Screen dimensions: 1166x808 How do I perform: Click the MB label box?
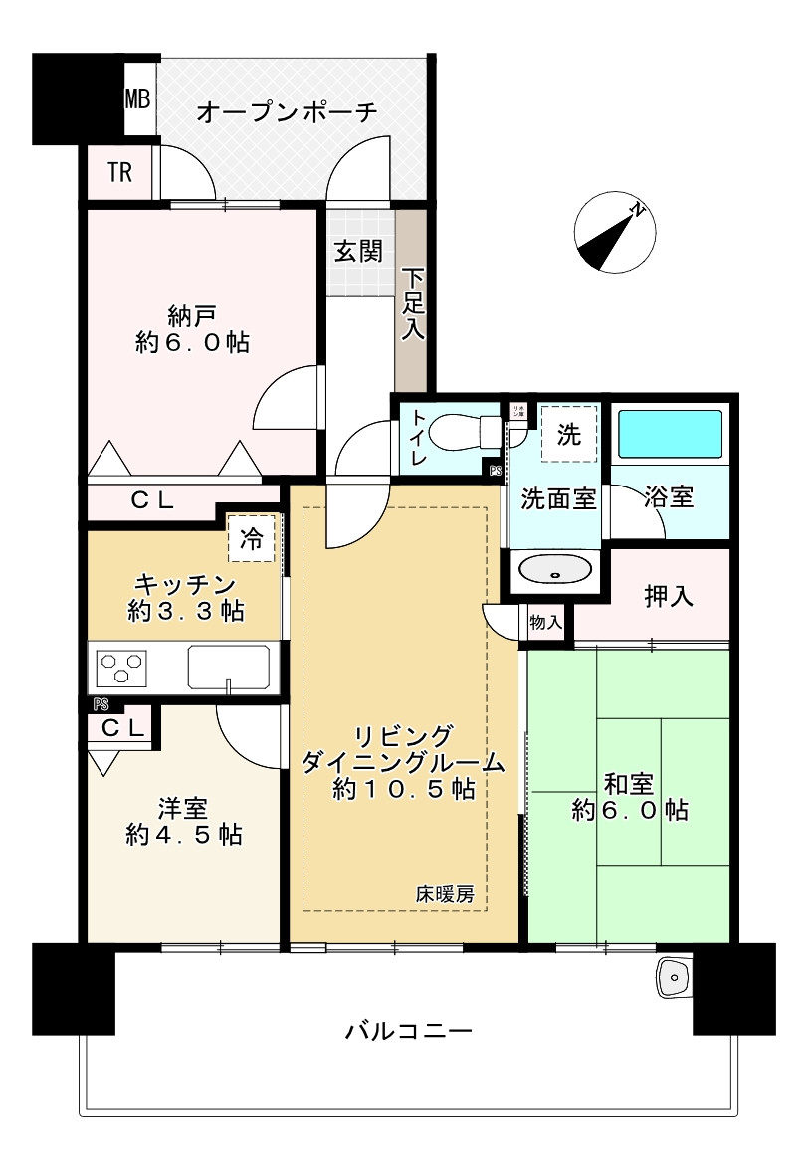point(137,99)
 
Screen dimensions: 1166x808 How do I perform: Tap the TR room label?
point(119,173)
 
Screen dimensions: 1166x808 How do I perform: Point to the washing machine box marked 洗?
point(568,434)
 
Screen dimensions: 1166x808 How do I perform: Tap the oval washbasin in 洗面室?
point(555,570)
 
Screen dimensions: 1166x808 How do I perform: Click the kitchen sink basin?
point(229,666)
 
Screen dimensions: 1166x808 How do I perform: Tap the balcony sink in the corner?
point(674,979)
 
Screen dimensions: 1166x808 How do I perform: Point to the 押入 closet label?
point(669,596)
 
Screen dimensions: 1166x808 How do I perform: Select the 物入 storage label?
point(546,623)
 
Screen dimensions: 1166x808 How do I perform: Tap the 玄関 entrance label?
point(357,251)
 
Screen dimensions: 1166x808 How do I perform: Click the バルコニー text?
point(408,1030)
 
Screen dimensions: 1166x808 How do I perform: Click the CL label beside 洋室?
point(124,727)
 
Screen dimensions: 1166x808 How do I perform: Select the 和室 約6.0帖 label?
point(629,796)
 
